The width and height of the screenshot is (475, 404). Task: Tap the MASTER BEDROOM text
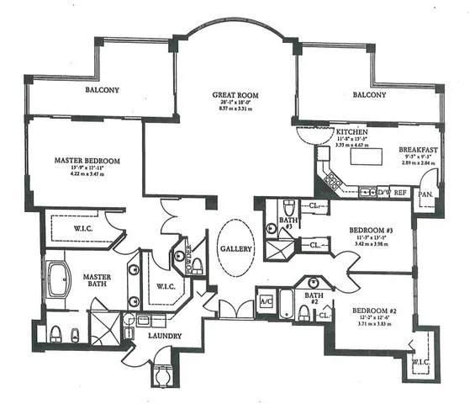click(x=87, y=160)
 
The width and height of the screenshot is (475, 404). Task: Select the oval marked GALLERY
click(x=235, y=250)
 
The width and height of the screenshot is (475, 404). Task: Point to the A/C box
click(x=266, y=302)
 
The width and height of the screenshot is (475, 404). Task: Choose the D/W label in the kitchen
click(x=382, y=192)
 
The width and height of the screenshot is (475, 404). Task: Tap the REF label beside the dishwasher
click(x=401, y=192)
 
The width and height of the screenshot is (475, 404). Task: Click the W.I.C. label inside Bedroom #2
click(x=420, y=362)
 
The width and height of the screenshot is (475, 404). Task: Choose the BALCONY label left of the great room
click(x=102, y=90)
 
